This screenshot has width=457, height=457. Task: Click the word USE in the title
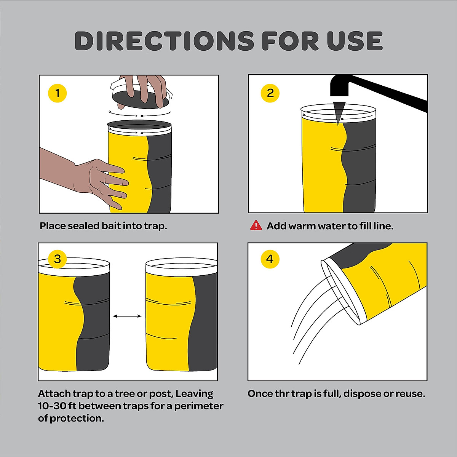click(355, 41)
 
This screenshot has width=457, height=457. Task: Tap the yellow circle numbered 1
click(58, 93)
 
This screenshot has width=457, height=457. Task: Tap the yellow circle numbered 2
click(270, 93)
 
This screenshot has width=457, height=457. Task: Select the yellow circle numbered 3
click(58, 259)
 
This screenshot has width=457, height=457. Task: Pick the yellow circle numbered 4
click(270, 259)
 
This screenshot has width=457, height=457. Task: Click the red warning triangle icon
click(256, 226)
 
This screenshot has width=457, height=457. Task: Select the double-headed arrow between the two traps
click(127, 316)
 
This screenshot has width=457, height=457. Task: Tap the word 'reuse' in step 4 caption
click(410, 393)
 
